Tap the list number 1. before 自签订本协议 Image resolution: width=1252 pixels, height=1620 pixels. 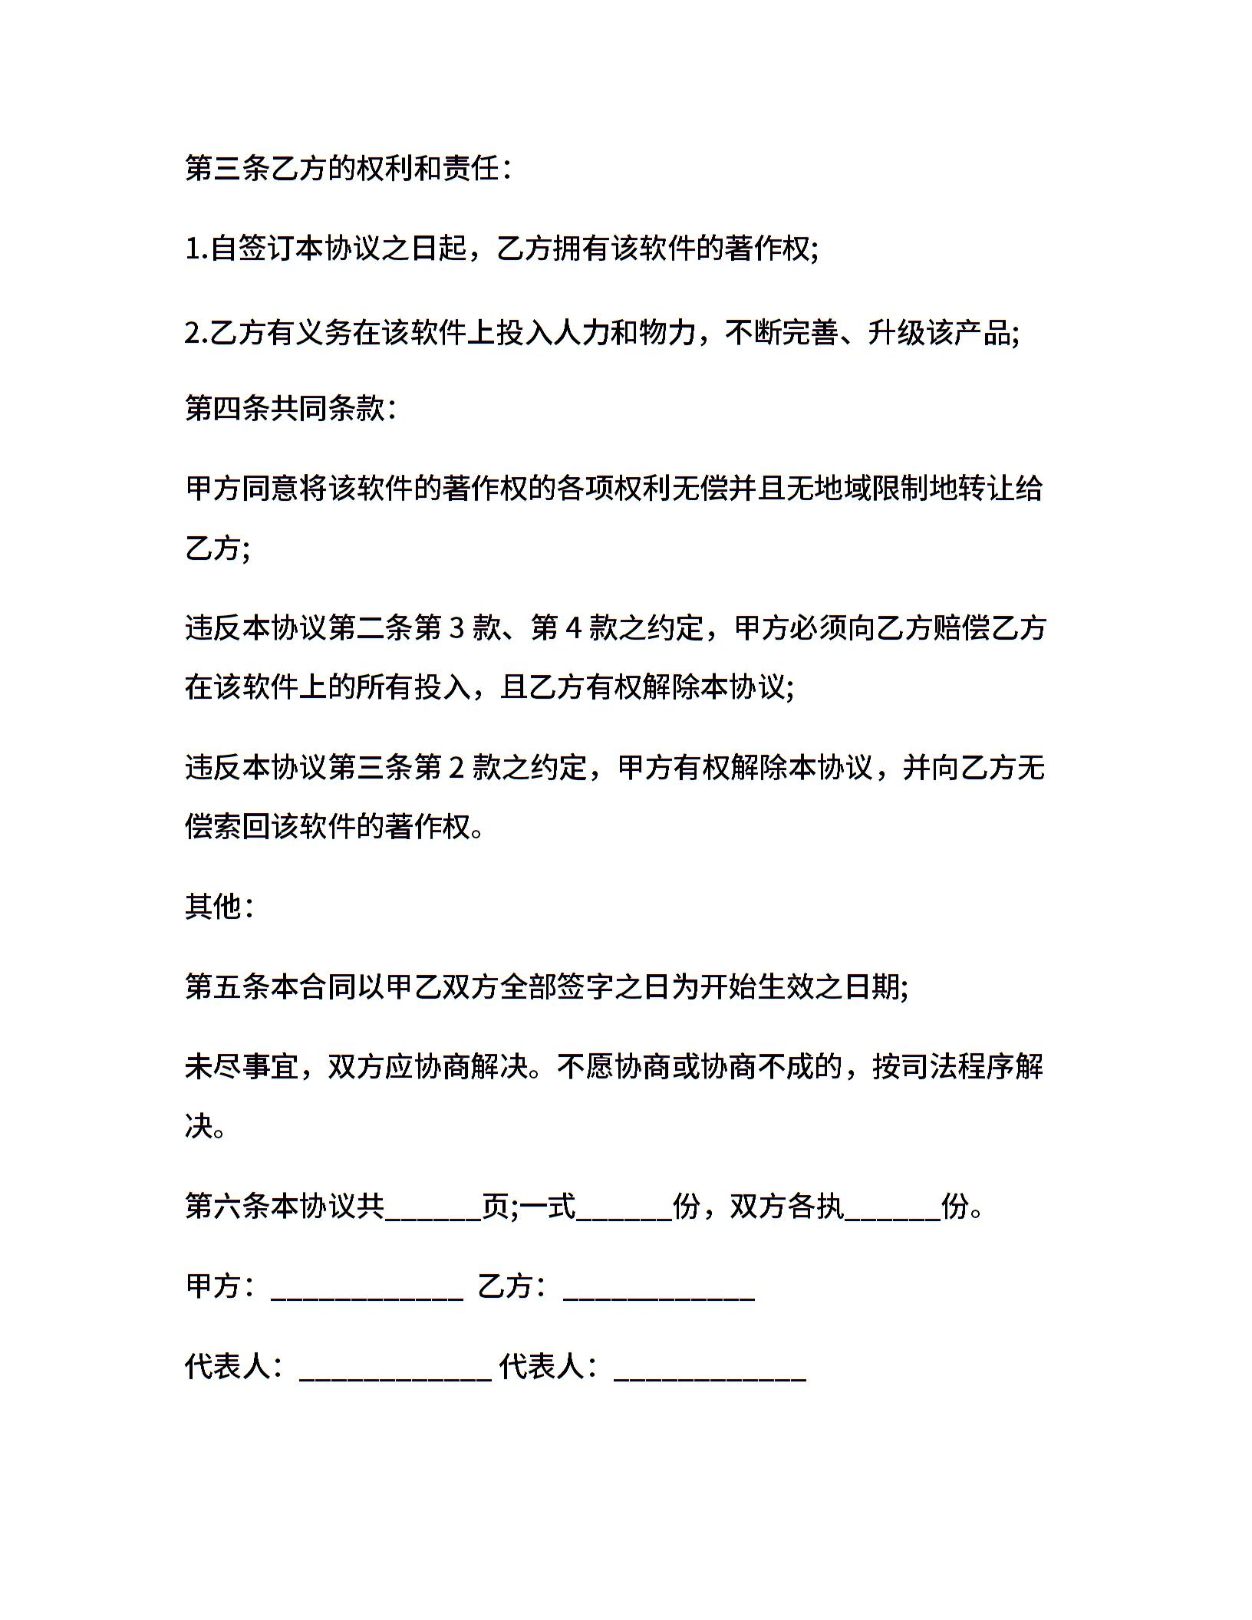[196, 249]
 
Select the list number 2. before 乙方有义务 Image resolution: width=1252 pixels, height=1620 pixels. [196, 333]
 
